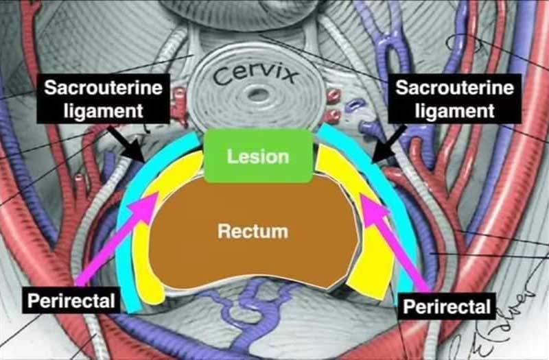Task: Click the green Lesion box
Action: coord(259,156)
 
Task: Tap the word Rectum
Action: coord(253,231)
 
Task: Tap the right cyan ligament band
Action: coord(395,199)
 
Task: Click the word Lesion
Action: coord(259,157)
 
